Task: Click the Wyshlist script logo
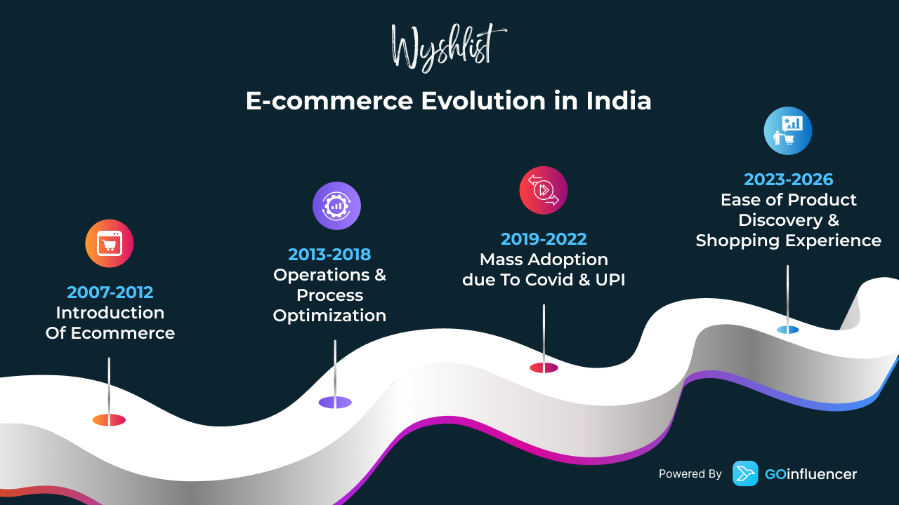point(449,48)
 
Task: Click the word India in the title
point(619,100)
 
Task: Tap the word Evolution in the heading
point(483,100)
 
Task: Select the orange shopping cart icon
point(109,243)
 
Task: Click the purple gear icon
point(336,206)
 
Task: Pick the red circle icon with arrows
point(544,190)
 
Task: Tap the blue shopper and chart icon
point(788,130)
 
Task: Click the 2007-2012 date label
point(110,292)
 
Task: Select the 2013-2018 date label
point(329,255)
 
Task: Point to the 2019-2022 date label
point(544,239)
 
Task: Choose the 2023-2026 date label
point(789,180)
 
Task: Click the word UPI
point(610,280)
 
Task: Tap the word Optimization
point(329,316)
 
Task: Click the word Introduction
point(110,313)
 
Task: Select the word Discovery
point(780,220)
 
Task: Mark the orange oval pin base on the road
point(109,419)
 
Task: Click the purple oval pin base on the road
point(335,403)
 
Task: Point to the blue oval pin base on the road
point(787,330)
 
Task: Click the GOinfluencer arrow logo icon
point(745,473)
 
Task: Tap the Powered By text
point(690,474)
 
